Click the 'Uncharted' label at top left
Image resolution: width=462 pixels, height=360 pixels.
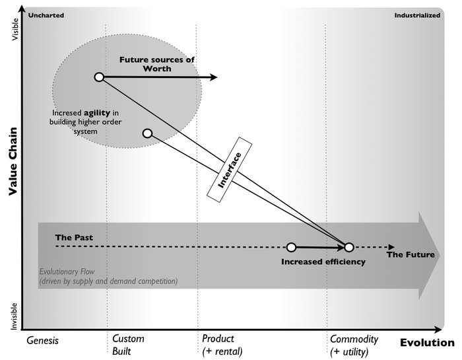pyautogui.click(x=46, y=15)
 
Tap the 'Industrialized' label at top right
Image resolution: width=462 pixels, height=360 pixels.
pyautogui.click(x=417, y=15)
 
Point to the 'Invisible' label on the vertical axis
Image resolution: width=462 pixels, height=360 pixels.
pyautogui.click(x=16, y=316)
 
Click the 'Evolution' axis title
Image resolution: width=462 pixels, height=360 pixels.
pyautogui.click(x=427, y=342)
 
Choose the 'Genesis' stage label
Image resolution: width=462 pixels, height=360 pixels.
pyautogui.click(x=43, y=341)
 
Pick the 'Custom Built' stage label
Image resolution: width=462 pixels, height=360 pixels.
pyautogui.click(x=128, y=345)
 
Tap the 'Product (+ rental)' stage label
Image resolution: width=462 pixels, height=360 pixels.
pyautogui.click(x=222, y=345)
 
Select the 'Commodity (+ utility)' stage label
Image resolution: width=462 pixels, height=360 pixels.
pyautogui.click(x=354, y=345)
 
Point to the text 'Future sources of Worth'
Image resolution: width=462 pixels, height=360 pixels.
pyautogui.click(x=156, y=64)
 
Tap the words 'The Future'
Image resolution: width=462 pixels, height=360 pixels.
pyautogui.click(x=411, y=255)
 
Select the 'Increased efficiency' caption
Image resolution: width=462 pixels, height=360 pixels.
pyautogui.click(x=323, y=262)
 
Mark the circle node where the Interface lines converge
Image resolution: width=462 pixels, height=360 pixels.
pyautogui.click(x=349, y=247)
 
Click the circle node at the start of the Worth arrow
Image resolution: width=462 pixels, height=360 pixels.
pyautogui.click(x=99, y=77)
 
